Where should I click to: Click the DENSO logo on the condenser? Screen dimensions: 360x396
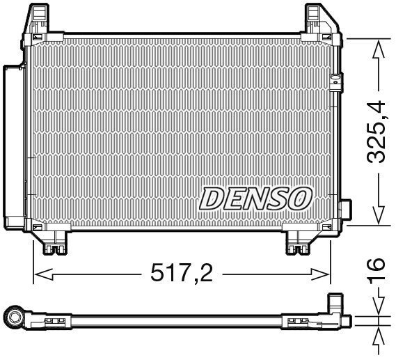[x=255, y=198]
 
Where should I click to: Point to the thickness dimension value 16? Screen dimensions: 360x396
[x=376, y=266]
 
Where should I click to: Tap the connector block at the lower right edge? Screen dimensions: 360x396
[x=344, y=212]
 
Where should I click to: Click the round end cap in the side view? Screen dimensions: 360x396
[x=14, y=319]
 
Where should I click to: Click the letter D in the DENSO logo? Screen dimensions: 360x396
[x=212, y=199]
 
